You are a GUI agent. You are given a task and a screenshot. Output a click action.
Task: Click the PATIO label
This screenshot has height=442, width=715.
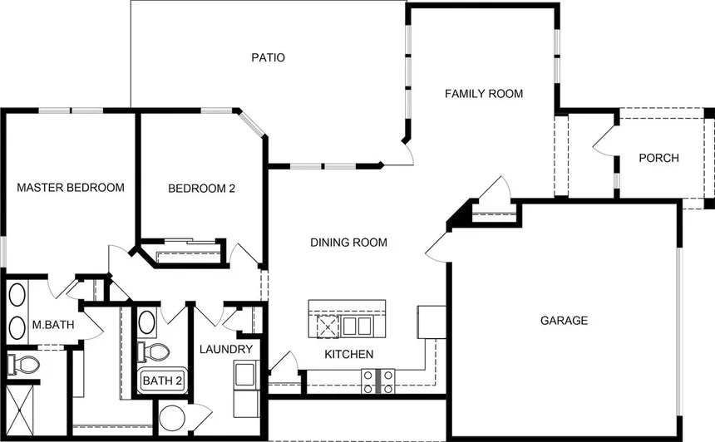[x=268, y=57]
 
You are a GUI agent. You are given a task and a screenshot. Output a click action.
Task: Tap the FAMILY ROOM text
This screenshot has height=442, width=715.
[x=484, y=94]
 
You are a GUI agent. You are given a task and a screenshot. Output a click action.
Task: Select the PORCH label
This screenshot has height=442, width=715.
[x=659, y=158]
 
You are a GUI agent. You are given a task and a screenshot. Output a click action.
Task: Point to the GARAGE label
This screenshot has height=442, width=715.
[x=564, y=321]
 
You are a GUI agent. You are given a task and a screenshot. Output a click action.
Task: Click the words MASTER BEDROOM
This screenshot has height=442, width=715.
[x=71, y=187]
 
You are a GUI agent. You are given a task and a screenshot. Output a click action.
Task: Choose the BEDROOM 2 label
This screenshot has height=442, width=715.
[x=201, y=189]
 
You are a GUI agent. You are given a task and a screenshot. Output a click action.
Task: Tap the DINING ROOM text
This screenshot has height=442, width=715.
[x=349, y=243]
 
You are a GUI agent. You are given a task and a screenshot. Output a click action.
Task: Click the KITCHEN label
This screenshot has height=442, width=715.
[x=349, y=354]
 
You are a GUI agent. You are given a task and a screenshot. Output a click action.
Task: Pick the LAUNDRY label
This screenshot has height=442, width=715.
[x=226, y=350]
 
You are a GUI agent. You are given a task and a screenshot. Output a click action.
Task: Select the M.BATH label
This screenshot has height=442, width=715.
[x=53, y=325]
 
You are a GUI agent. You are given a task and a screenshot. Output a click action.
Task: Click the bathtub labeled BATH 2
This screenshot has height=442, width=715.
[x=162, y=380]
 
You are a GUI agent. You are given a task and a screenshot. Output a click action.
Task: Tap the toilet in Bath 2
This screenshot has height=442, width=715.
[x=153, y=351]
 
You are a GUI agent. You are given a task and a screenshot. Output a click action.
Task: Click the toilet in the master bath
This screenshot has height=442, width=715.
[x=23, y=365]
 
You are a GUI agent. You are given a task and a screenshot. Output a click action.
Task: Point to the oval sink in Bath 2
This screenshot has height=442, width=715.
[x=147, y=322]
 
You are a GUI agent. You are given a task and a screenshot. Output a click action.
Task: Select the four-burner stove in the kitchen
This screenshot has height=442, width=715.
[x=378, y=381]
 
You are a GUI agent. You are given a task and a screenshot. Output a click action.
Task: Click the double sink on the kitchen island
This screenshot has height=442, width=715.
[x=357, y=326]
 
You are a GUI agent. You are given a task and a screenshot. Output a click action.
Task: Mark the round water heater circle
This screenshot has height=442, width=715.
[x=172, y=418]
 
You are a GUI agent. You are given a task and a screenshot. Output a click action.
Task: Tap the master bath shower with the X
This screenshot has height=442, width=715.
[x=21, y=410]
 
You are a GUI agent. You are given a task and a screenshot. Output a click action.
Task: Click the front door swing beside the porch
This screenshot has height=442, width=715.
[x=604, y=140]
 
